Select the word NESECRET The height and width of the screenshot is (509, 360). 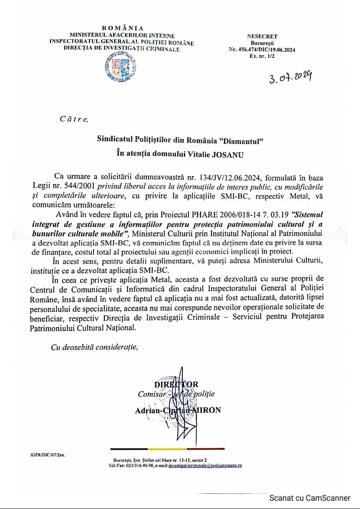coord(262,37)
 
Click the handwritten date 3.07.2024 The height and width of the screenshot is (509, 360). coord(290,79)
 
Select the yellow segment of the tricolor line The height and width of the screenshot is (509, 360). coord(167,449)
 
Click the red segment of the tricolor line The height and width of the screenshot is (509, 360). coord(205,449)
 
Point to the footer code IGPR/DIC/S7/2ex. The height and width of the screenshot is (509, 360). coord(48,456)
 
